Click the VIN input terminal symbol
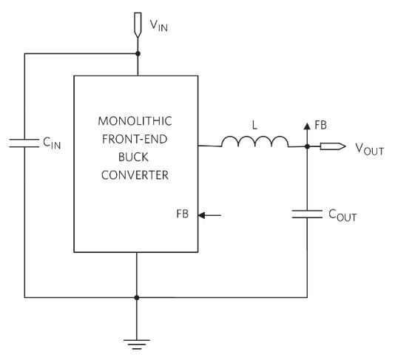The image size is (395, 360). point(138,25)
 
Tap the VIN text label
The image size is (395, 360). point(159,25)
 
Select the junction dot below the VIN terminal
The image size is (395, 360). point(138,54)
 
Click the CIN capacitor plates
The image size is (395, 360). point(24,143)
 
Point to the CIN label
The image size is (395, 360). point(52,143)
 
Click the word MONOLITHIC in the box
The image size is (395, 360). point(135,121)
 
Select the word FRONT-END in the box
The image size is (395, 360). point(135,139)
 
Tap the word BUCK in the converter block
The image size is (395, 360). point(133,157)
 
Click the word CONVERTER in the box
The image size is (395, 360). point(135,175)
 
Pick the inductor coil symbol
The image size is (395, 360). point(255,141)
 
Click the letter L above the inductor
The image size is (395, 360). point(254,125)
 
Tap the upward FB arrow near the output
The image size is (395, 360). point(307,135)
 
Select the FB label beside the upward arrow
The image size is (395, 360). point(321,125)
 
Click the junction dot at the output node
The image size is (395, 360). point(307,146)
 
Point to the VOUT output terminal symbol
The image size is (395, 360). point(333,146)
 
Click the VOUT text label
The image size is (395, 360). point(370,149)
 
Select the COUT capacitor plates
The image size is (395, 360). point(307,214)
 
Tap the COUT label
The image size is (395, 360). point(342,216)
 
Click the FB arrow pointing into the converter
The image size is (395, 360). point(209,215)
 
